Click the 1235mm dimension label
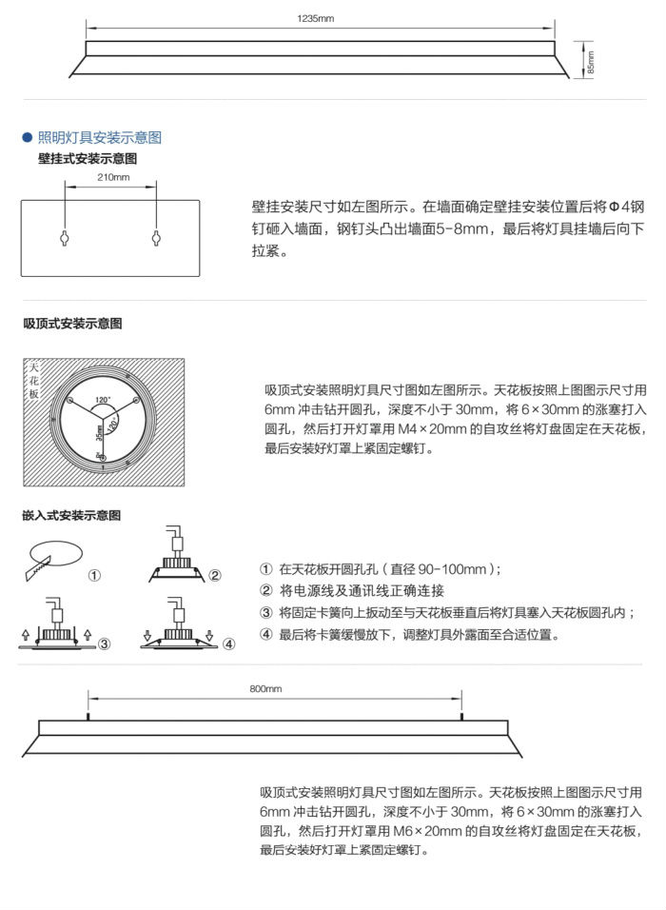(316, 18)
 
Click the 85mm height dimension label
(590, 62)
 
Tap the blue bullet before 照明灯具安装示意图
(28, 138)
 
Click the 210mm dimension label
(113, 178)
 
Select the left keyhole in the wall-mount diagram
(65, 237)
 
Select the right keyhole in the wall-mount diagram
(155, 237)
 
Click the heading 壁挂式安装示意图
(88, 158)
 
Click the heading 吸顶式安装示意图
(72, 324)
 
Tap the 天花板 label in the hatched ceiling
(35, 380)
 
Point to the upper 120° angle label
(103, 399)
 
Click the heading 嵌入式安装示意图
(71, 515)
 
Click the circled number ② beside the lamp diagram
(215, 575)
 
